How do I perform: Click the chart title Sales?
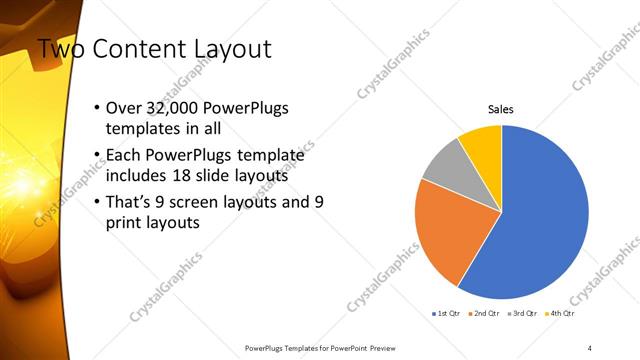click(501, 109)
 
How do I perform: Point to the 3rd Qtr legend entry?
click(525, 314)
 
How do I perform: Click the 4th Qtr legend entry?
click(562, 314)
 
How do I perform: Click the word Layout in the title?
click(234, 48)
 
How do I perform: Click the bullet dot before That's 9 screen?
click(95, 202)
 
